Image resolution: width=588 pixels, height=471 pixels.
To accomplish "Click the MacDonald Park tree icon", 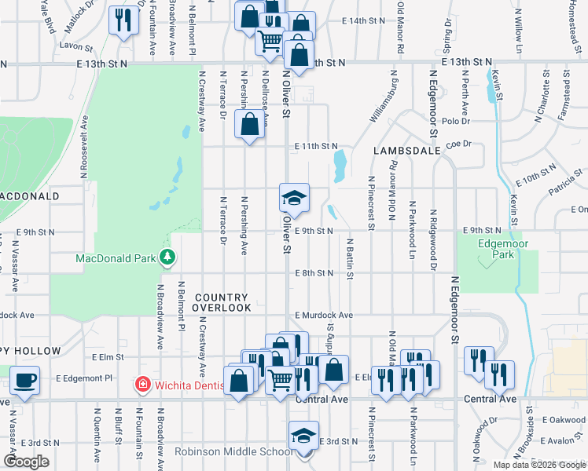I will click(167, 257).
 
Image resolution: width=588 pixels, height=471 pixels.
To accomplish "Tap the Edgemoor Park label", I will click(497, 249).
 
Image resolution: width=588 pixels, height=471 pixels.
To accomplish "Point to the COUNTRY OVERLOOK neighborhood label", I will click(222, 302).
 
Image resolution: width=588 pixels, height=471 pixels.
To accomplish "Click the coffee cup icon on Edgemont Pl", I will click(24, 381).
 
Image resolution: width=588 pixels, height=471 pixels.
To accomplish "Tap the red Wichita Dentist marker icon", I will click(142, 385).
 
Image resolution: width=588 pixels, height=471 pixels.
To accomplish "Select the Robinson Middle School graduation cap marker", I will click(304, 436).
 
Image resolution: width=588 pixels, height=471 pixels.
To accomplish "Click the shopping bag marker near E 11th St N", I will click(250, 124).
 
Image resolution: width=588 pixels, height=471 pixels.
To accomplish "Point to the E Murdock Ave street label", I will click(323, 315).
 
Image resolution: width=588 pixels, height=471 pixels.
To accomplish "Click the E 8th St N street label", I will click(315, 273).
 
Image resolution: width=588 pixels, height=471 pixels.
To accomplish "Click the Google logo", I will click(26, 462).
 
